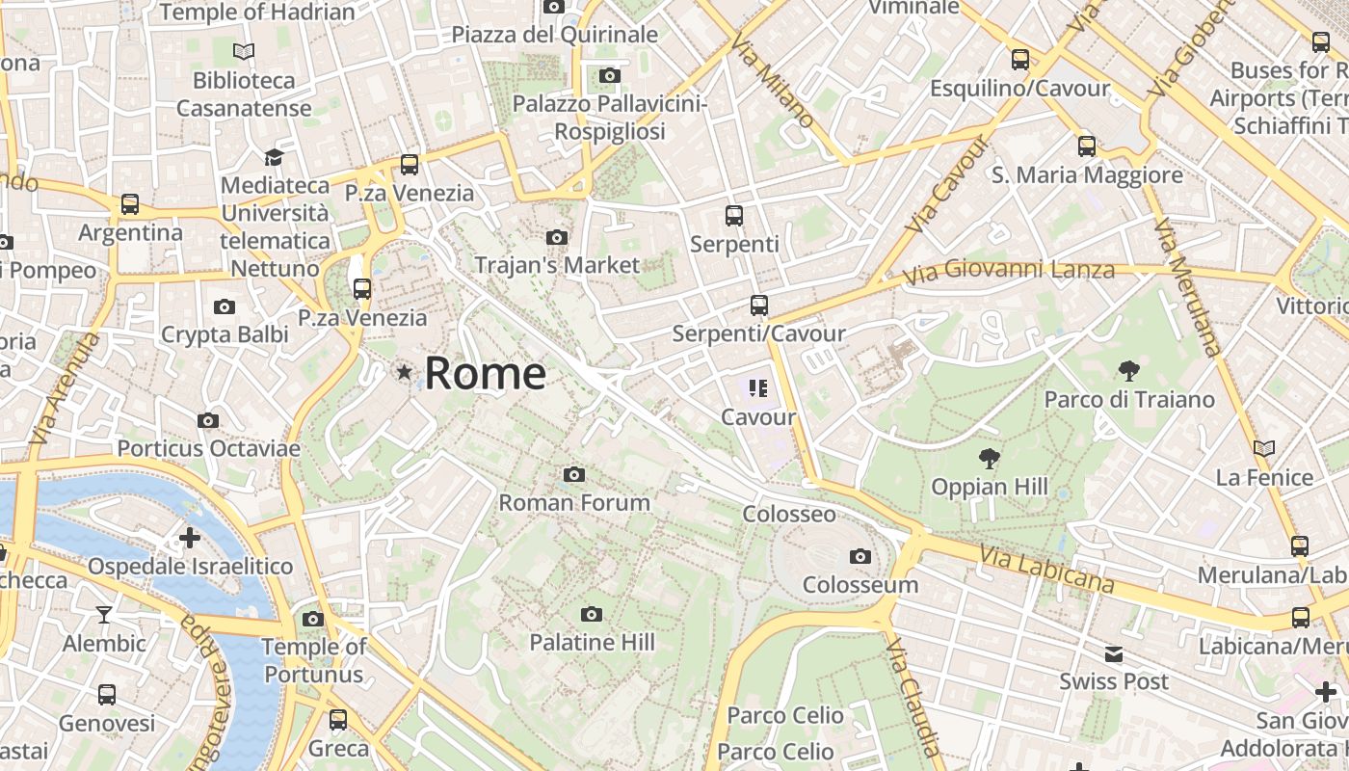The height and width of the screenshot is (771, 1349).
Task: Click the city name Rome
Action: click(485, 373)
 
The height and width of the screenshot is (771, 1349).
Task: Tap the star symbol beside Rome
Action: click(405, 371)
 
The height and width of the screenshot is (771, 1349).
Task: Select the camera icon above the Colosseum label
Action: click(860, 556)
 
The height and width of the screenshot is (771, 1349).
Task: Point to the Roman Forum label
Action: click(574, 502)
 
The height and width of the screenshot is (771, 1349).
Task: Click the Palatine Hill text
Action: click(592, 642)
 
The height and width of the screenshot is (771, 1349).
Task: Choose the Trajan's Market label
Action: click(557, 264)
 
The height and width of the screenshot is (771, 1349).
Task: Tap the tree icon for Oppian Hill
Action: click(989, 458)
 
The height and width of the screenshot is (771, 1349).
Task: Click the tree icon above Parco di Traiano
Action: click(1129, 370)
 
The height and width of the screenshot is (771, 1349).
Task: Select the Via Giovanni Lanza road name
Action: click(1010, 271)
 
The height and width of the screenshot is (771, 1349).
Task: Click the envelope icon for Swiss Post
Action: click(1114, 654)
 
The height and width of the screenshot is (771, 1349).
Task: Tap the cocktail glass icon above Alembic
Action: click(104, 615)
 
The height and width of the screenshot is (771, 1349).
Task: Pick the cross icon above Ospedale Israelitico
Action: click(190, 537)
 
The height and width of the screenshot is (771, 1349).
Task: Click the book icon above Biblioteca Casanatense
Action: click(244, 51)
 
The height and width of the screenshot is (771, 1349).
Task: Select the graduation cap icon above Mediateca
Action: click(275, 156)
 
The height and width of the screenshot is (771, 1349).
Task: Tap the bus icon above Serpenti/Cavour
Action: click(759, 306)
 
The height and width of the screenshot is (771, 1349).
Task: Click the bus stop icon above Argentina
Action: click(130, 204)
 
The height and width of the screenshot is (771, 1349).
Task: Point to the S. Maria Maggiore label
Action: click(1087, 175)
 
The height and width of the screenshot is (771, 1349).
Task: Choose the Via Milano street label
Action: click(773, 82)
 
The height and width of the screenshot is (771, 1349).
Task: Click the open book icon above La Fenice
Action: click(1264, 448)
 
